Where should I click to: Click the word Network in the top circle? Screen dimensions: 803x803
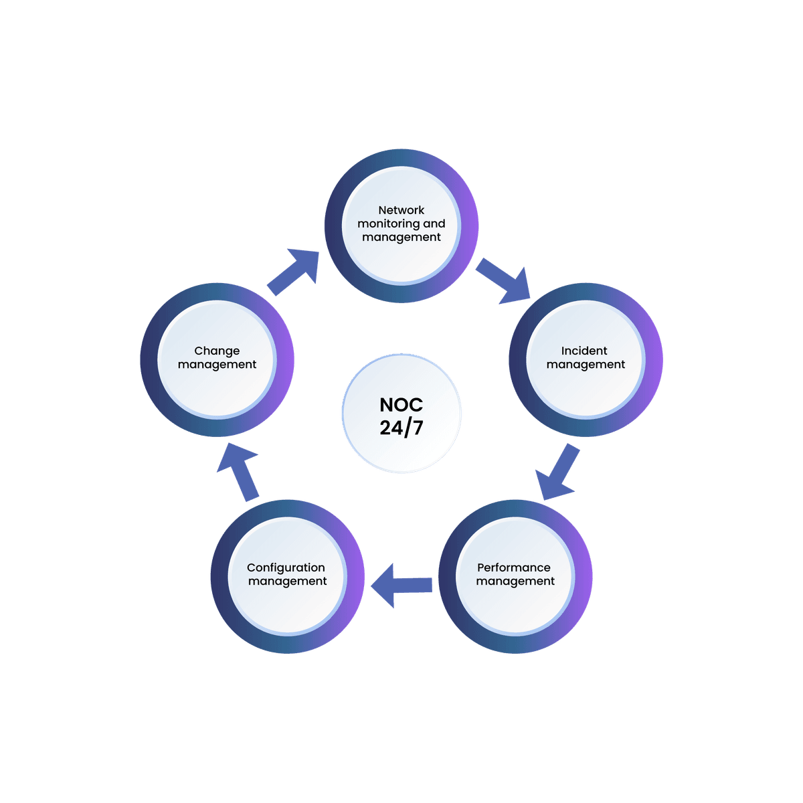click(401, 210)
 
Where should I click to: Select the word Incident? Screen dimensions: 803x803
click(584, 351)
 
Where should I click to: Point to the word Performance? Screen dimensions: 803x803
click(513, 567)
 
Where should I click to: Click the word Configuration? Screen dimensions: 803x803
click(286, 567)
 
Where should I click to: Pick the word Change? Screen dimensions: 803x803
click(217, 351)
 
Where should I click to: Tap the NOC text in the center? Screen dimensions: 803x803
click(401, 405)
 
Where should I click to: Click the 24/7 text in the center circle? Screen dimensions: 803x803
click(401, 428)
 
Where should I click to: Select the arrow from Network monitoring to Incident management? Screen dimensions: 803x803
click(503, 282)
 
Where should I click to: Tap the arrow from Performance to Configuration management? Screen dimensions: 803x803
click(401, 586)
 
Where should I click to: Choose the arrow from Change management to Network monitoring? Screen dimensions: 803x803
click(293, 271)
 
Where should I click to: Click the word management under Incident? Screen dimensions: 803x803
click(586, 365)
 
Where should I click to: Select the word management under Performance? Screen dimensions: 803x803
click(515, 582)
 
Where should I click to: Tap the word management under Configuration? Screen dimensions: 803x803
click(287, 582)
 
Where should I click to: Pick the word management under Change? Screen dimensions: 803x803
click(217, 365)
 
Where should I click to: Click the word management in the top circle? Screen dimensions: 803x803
click(401, 238)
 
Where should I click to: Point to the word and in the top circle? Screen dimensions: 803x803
click(434, 224)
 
